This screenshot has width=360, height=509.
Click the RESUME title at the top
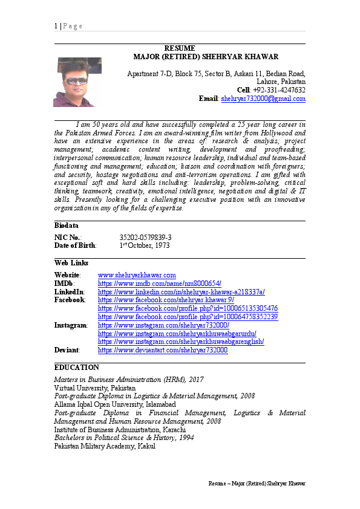(x=180, y=48)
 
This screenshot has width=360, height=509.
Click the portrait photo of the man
(x=78, y=82)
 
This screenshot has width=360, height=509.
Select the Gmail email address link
(x=263, y=99)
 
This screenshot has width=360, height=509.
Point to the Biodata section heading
(x=67, y=225)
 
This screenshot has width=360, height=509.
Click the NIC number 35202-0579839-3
(x=145, y=238)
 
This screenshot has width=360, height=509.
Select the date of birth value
(x=145, y=246)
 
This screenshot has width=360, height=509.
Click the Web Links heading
(x=71, y=263)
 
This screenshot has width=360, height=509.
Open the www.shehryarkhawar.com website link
(x=137, y=275)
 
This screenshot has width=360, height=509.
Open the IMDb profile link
(x=160, y=284)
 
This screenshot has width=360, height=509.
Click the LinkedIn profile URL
(x=181, y=292)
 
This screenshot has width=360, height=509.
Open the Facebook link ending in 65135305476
(x=188, y=308)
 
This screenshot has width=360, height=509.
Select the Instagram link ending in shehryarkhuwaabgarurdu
(x=177, y=333)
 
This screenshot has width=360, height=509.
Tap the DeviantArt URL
(x=163, y=350)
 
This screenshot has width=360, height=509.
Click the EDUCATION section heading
(x=77, y=368)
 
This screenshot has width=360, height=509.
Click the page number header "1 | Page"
(x=68, y=26)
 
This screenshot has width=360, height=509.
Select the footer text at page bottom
(x=257, y=484)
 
